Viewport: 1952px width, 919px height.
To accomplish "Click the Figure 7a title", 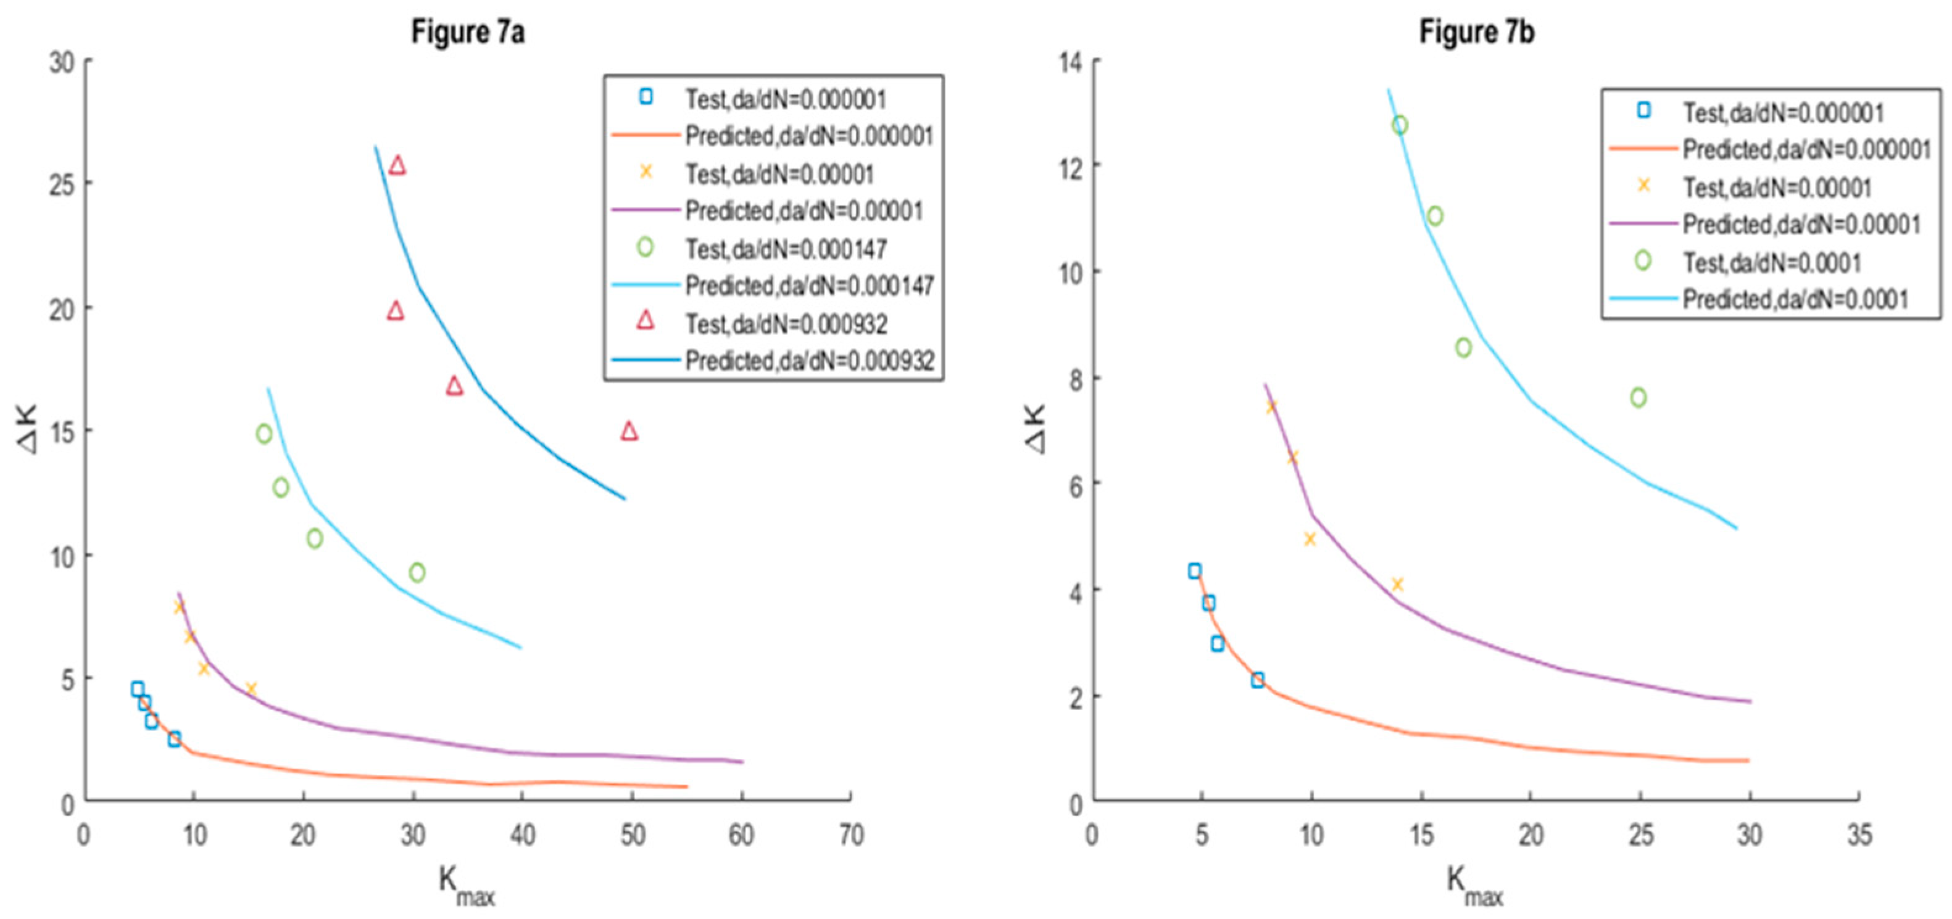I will click(468, 33).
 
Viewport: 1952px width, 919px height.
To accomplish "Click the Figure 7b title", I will click(1476, 33).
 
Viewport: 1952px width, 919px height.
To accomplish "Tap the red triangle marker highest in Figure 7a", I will click(397, 165).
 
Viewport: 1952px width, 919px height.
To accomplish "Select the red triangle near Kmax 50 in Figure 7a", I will click(629, 431).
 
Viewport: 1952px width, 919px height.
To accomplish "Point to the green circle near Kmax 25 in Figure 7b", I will click(1638, 397).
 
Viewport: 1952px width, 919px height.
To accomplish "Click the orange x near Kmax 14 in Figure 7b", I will click(1397, 584).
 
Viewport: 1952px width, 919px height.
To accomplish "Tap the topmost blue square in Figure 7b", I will click(1195, 571).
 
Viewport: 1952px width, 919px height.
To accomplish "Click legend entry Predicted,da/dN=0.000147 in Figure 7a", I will click(808, 286).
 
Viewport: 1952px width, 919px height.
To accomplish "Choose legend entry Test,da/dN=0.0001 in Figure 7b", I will click(1772, 263).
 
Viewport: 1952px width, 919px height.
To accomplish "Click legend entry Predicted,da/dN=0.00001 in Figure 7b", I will click(1801, 225).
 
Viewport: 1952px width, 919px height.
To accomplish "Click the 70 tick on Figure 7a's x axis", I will click(851, 835).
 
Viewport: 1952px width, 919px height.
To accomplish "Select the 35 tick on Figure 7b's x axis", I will click(1859, 835).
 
